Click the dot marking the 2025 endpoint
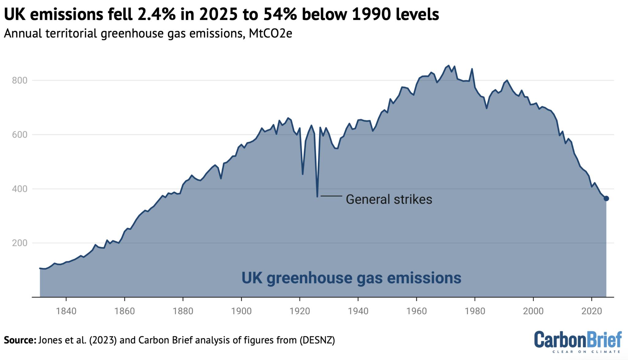[x=606, y=198]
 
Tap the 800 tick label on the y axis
[x=20, y=81]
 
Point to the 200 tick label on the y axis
[x=20, y=243]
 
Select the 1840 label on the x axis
[x=66, y=311]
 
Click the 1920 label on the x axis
[x=300, y=311]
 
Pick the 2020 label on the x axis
[x=592, y=311]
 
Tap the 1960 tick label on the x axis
[x=416, y=311]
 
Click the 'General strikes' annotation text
[x=389, y=199]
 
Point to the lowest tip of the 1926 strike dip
[x=317, y=196]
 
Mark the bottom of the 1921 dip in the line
[x=303, y=174]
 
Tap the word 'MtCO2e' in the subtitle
[x=270, y=33]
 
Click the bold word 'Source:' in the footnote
[x=20, y=340]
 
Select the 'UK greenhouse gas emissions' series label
[x=351, y=278]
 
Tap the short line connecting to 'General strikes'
[x=331, y=196]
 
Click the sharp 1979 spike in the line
[x=472, y=69]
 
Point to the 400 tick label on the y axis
[x=20, y=189]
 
